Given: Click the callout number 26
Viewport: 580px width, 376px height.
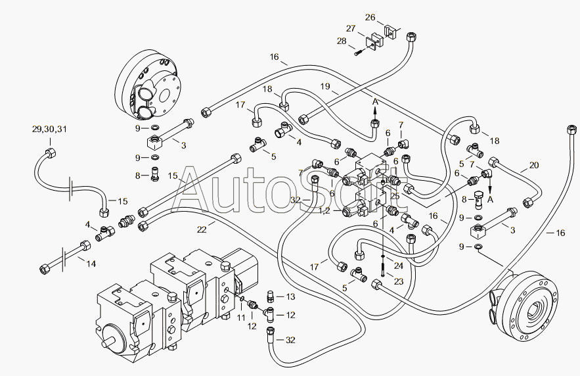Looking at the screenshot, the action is click(370, 17).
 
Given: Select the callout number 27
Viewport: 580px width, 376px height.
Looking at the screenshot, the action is click(351, 28).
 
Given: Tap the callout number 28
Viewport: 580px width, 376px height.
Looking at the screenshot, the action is click(342, 41).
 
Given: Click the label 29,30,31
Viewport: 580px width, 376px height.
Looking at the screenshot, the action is click(49, 129).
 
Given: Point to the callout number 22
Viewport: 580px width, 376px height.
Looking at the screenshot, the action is click(202, 229).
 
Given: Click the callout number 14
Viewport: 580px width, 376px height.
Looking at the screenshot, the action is click(91, 264).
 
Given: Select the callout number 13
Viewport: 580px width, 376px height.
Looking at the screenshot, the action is click(291, 296).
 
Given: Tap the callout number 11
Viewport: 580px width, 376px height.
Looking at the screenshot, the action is click(241, 317).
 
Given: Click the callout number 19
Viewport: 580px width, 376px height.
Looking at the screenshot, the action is click(325, 86).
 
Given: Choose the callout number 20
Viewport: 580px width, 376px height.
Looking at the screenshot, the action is click(534, 165).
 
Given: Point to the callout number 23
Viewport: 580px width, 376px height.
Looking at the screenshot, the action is click(398, 281).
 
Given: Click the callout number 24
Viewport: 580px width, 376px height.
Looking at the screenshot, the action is click(398, 266).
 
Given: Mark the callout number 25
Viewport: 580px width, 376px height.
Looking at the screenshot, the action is click(395, 196).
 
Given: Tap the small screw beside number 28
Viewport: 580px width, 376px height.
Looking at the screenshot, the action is click(357, 54).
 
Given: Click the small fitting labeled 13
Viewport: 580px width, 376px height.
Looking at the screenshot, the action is click(271, 296).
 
